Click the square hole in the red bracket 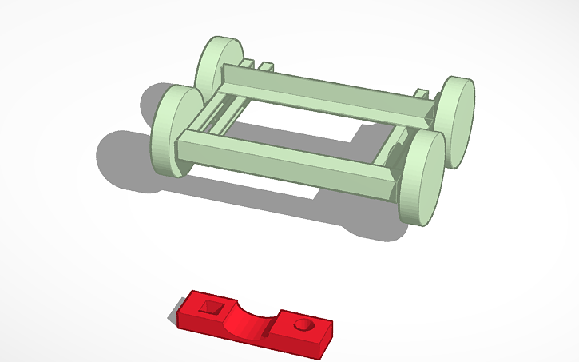212,307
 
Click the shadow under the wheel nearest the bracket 375,224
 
